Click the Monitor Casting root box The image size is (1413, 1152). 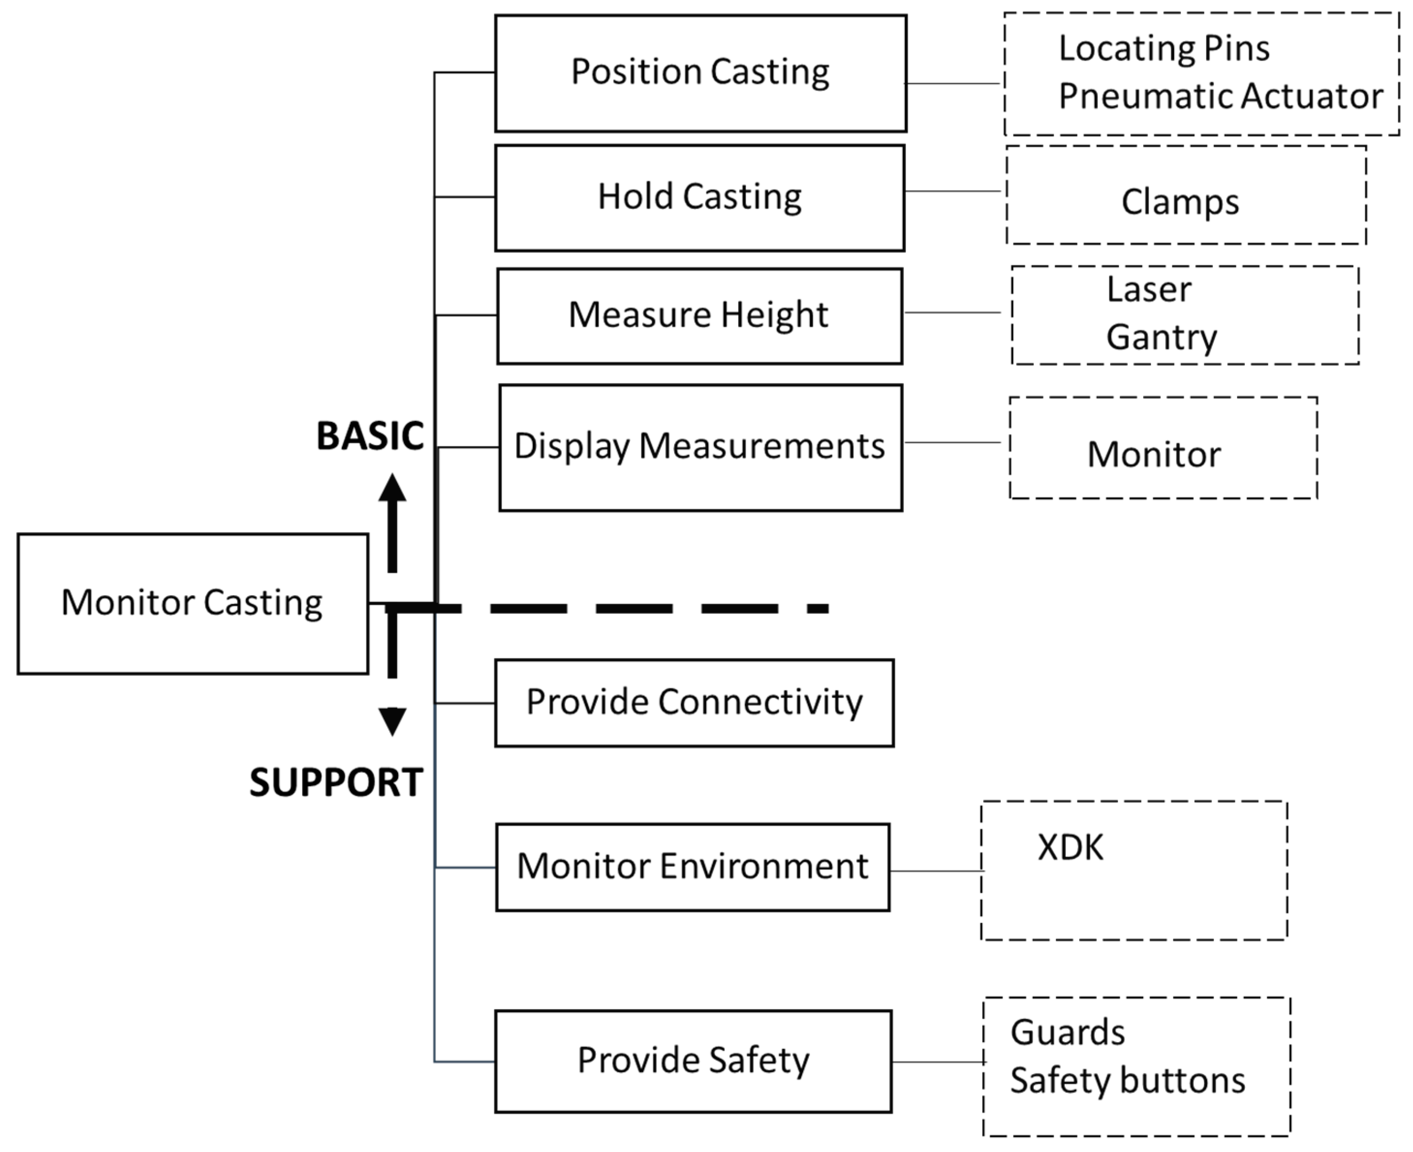pyautogui.click(x=192, y=603)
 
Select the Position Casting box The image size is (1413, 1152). pyautogui.click(x=700, y=73)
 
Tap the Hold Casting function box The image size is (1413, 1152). pyautogui.click(x=699, y=197)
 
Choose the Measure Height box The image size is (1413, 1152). pyautogui.click(x=699, y=315)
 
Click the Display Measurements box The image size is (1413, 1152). pyautogui.click(x=700, y=446)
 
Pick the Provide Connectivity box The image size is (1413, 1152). pyautogui.click(x=694, y=702)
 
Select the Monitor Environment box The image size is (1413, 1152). pyautogui.click(x=692, y=867)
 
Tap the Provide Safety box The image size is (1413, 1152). pyautogui.click(x=693, y=1060)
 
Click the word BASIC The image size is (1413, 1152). pyautogui.click(x=370, y=437)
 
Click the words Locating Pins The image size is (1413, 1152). pyautogui.click(x=1164, y=48)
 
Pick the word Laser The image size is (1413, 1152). pyautogui.click(x=1149, y=289)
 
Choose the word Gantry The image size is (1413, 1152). pyautogui.click(x=1162, y=337)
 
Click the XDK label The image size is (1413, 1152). pyautogui.click(x=1070, y=847)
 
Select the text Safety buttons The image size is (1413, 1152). pyautogui.click(x=1127, y=1080)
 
